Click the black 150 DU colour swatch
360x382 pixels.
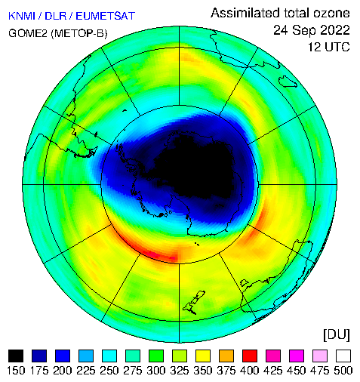click(16, 356)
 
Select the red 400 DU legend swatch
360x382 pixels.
click(250, 356)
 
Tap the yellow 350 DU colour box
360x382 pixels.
click(203, 356)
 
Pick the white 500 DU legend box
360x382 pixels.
click(343, 356)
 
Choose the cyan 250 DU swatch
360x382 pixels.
click(109, 356)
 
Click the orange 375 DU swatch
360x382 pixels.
click(226, 356)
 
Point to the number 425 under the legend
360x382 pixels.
click(273, 371)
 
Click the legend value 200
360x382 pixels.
click(63, 371)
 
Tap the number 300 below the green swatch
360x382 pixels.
click(156, 371)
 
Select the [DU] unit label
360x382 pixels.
click(337, 335)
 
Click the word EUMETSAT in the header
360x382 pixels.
click(106, 16)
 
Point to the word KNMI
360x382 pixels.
click(21, 16)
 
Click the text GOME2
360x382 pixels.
click(28, 33)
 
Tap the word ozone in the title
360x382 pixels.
click(331, 13)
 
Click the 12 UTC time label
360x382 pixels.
click(329, 47)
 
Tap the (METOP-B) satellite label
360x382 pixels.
click(79, 33)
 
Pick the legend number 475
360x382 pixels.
click(320, 371)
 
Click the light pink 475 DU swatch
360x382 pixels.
click(320, 356)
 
